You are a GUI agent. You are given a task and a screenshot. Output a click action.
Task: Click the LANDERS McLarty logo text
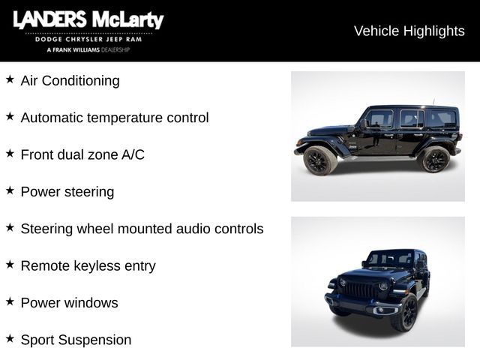tap(88, 20)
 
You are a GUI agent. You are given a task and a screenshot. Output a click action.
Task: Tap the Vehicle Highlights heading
tap(409, 31)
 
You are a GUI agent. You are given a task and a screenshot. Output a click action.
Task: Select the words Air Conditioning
tap(70, 80)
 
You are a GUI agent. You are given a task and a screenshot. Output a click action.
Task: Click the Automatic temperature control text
tap(114, 118)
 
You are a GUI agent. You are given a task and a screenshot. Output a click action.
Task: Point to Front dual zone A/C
tap(82, 154)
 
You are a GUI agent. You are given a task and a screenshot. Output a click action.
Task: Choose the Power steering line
tap(67, 191)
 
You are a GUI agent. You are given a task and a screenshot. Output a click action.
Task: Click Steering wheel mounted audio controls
tap(142, 229)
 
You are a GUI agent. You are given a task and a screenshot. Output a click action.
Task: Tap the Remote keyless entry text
tap(88, 265)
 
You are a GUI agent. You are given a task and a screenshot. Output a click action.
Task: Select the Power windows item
tap(69, 303)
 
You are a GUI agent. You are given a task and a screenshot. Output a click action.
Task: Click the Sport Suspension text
tap(76, 340)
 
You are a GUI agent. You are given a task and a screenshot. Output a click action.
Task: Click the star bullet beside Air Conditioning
tap(10, 79)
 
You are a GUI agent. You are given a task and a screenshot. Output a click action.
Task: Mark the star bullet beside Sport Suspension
tap(10, 338)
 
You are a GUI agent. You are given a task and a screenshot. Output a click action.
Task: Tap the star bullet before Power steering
tap(10, 190)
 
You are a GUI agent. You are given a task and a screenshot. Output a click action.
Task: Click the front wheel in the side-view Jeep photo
tap(319, 160)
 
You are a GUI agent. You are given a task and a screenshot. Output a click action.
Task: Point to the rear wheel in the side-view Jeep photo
tap(435, 159)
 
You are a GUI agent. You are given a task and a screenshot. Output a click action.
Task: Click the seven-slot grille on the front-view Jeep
tap(358, 290)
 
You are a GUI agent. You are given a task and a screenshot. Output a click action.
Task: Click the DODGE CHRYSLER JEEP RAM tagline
tap(88, 39)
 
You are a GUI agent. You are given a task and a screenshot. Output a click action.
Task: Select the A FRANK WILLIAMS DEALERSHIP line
tap(88, 49)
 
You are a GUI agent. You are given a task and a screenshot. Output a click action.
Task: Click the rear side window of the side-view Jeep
tap(442, 118)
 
